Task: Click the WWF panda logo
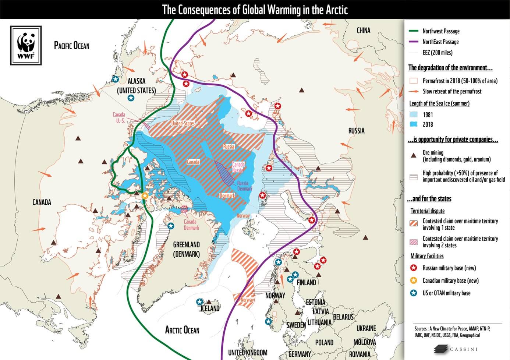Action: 26,45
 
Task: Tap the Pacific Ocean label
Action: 72,46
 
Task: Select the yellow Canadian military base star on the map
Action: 145,196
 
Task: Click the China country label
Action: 364,31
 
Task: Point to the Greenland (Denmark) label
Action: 187,249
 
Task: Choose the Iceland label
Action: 210,308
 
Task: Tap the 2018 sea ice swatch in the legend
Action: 414,124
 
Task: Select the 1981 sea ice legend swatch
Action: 414,114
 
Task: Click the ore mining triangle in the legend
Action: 414,156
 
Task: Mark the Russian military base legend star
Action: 414,268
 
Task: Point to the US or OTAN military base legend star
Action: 414,293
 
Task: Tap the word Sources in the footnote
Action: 421,329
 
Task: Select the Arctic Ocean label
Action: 182,329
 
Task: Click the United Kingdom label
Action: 248,353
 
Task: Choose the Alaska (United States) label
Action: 137,86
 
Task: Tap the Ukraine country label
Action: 366,328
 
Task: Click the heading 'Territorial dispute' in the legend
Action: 428,211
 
